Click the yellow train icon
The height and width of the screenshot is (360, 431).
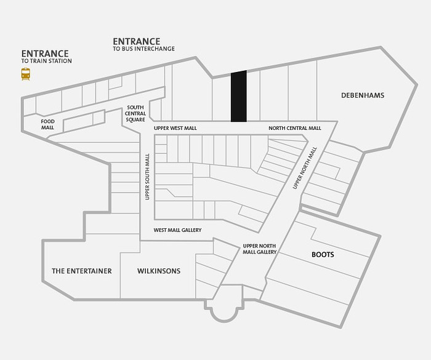click(26, 74)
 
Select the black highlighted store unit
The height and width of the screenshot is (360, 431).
click(239, 96)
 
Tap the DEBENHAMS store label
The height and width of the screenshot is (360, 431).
click(363, 95)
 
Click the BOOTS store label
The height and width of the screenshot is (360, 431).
click(323, 255)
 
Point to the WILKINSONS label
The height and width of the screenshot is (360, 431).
click(159, 271)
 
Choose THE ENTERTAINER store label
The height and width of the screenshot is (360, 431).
click(82, 271)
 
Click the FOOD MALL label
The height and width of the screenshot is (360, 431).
click(48, 124)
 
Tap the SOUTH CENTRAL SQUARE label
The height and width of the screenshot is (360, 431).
click(135, 113)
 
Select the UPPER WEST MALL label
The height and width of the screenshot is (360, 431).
click(175, 128)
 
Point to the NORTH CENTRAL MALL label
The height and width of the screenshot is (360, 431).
click(295, 128)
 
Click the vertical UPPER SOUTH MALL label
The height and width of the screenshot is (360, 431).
click(147, 177)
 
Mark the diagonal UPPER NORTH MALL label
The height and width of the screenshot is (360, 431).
click(305, 168)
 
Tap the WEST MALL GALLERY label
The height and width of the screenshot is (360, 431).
click(177, 230)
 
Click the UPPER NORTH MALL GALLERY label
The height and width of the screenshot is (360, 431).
click(259, 249)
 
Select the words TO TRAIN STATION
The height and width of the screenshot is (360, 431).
click(46, 61)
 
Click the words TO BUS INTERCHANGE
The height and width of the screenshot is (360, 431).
click(143, 49)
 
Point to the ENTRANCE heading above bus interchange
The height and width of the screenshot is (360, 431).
click(136, 41)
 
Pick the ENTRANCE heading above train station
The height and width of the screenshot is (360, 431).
click(45, 54)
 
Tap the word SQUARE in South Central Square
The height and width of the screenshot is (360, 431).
click(135, 119)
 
